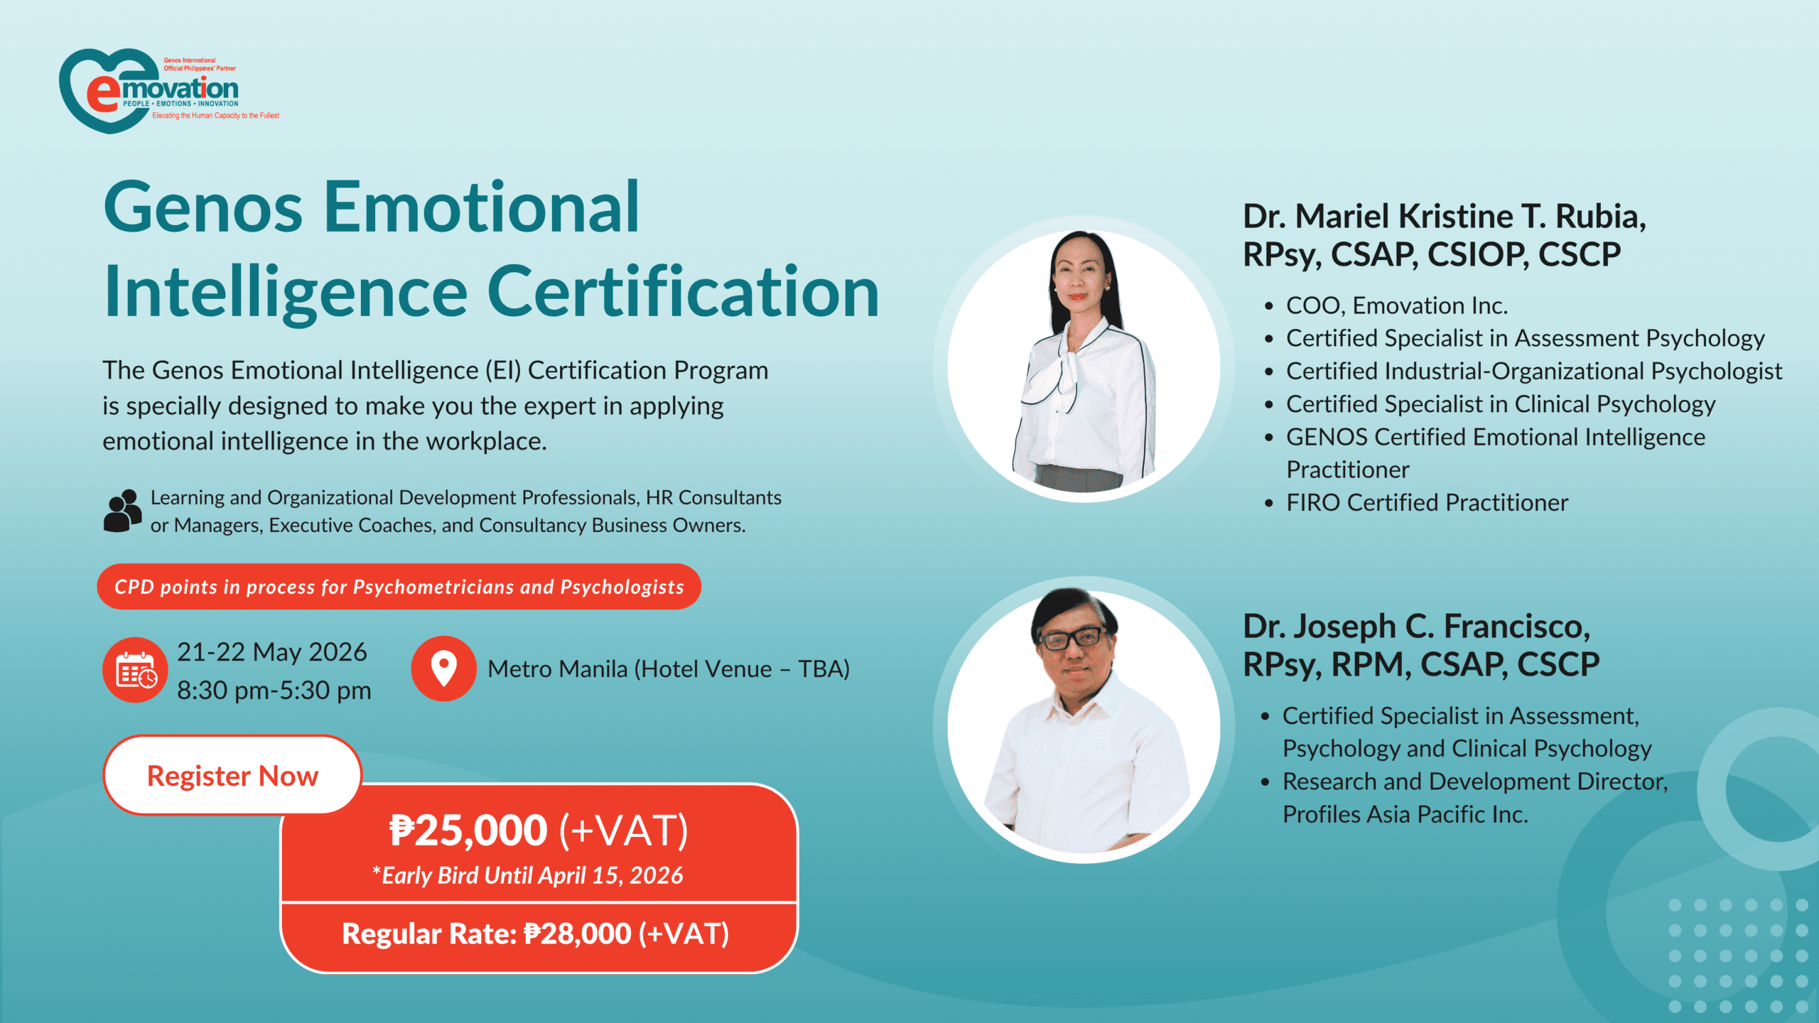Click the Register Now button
coord(233,775)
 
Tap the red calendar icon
coord(135,670)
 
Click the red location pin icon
coord(443,669)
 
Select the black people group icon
coord(123,510)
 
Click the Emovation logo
coord(169,90)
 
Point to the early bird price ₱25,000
coord(468,830)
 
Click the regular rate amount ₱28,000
coord(577,933)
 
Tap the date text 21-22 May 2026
coord(272,651)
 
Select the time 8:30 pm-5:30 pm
coord(274,690)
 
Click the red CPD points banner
coord(399,587)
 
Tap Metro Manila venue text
coord(669,669)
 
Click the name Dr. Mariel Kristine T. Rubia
coord(1445,216)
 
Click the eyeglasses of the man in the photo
coord(1073,637)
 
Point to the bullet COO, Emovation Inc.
coord(1397,305)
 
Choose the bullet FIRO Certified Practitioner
coord(1427,502)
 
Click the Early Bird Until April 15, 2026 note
coord(528,875)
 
